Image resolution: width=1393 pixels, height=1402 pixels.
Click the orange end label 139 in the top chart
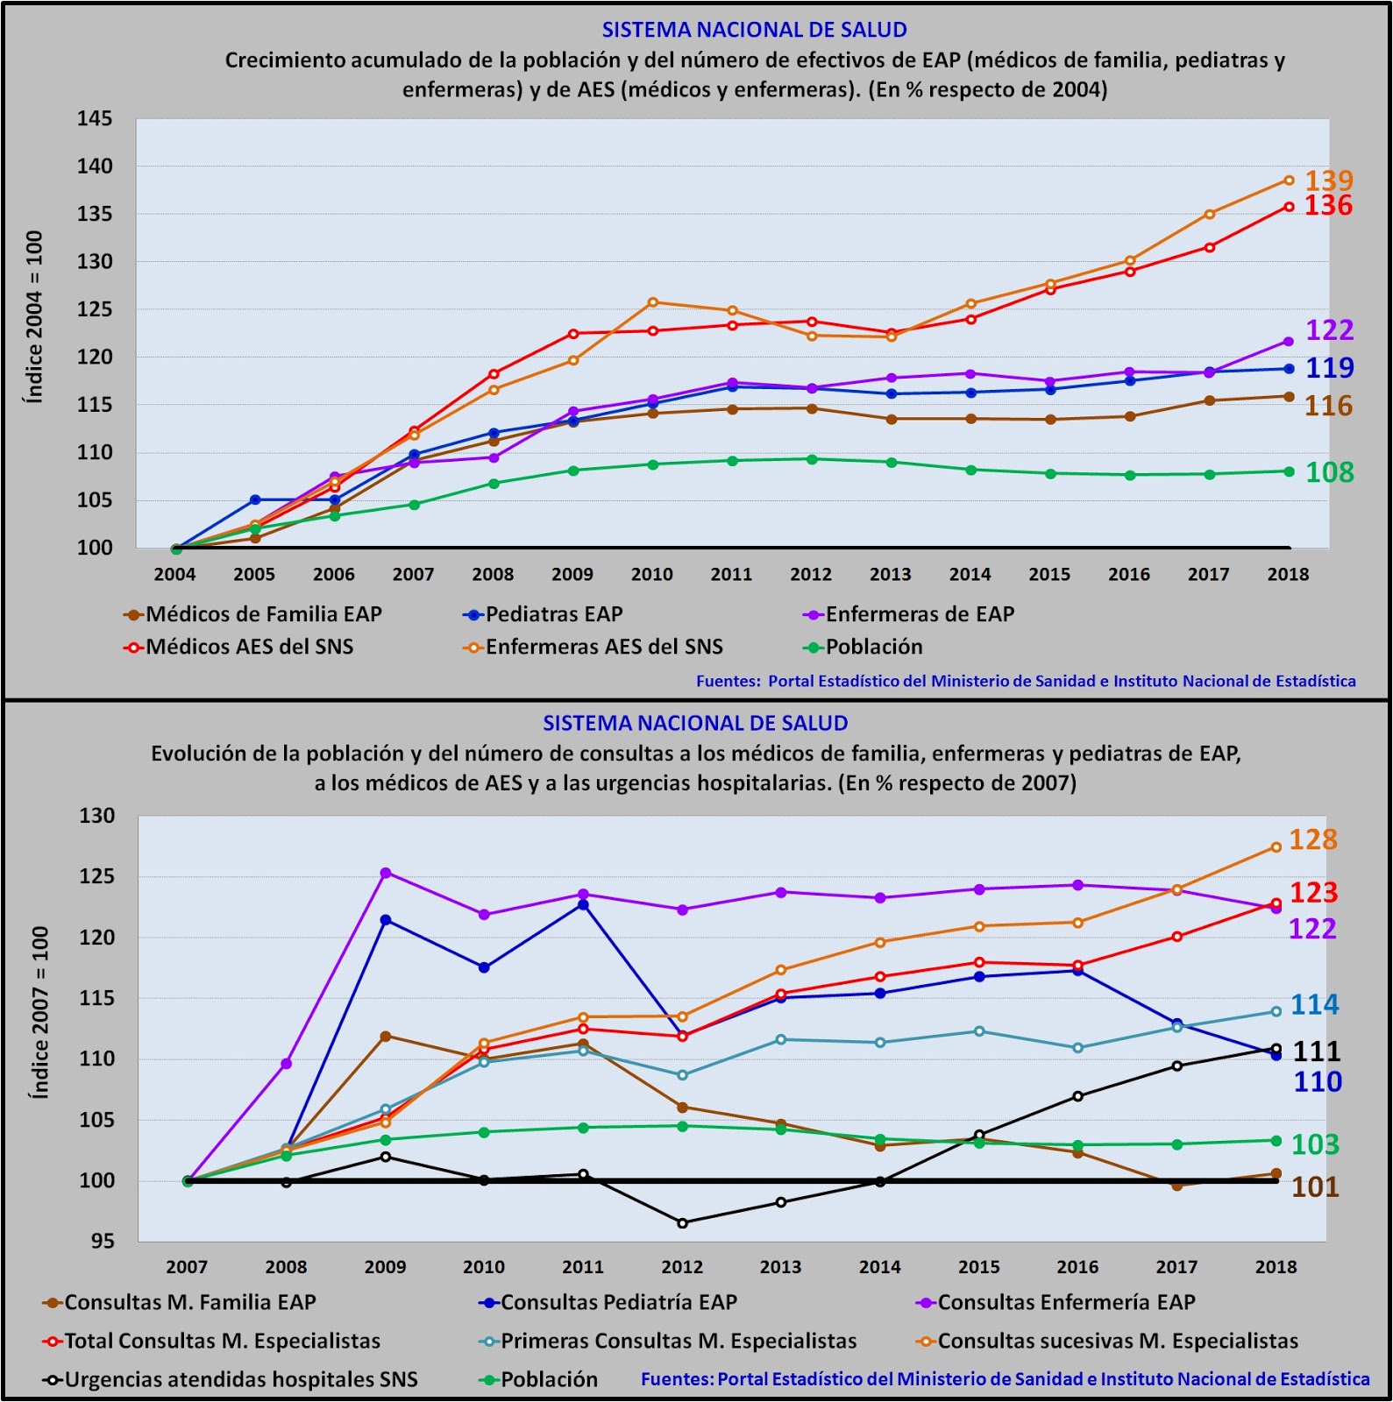pyautogui.click(x=1329, y=181)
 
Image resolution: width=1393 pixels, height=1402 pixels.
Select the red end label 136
pyautogui.click(x=1328, y=206)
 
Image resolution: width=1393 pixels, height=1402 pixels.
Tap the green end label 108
pyautogui.click(x=1330, y=472)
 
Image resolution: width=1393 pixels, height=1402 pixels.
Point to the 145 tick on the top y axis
pyautogui.click(x=95, y=118)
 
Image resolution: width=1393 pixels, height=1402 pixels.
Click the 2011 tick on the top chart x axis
pyautogui.click(x=731, y=575)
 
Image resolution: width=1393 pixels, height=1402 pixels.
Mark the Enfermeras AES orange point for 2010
pyautogui.click(x=652, y=302)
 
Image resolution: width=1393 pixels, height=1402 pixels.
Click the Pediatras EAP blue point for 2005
pyautogui.click(x=255, y=499)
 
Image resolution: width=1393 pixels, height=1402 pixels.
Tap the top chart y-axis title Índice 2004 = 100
pyautogui.click(x=34, y=316)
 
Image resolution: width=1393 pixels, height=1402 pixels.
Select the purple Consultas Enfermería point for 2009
pyautogui.click(x=385, y=873)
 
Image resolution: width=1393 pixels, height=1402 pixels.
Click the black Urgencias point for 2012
pyautogui.click(x=682, y=1223)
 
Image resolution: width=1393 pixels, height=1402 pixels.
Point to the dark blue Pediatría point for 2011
pyautogui.click(x=583, y=904)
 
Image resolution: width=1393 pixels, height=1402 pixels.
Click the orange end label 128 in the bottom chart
pyautogui.click(x=1312, y=839)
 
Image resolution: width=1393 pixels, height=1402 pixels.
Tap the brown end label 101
pyautogui.click(x=1315, y=1187)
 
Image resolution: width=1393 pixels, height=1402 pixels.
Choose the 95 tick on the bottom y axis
pyautogui.click(x=102, y=1241)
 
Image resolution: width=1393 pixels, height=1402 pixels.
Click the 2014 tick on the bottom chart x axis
pyautogui.click(x=879, y=1267)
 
